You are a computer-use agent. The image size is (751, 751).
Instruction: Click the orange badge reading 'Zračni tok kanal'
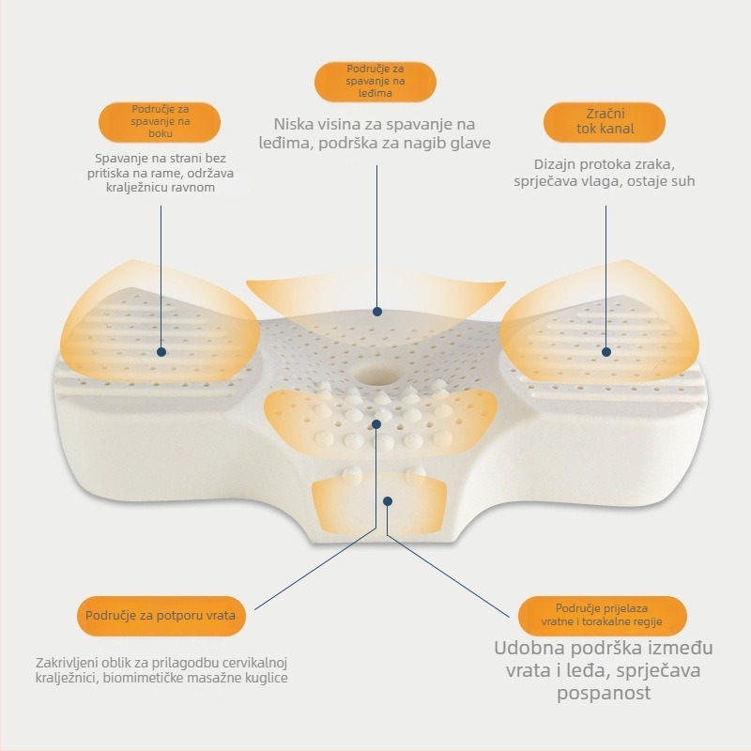604,122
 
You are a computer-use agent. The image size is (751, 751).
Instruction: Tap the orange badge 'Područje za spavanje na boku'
160,122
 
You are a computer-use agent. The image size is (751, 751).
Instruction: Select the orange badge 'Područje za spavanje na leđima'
375,82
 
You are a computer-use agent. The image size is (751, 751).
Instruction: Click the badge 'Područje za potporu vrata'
161,616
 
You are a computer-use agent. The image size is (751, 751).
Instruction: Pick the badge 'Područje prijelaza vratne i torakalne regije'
602,616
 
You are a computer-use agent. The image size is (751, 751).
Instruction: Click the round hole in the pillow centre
375,374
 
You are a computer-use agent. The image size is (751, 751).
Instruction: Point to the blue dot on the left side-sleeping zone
161,352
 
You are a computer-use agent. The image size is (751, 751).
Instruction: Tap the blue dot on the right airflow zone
606,352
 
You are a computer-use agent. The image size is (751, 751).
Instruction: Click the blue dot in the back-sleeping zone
377,312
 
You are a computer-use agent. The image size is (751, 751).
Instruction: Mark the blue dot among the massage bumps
376,424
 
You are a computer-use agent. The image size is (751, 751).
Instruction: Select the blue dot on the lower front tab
388,501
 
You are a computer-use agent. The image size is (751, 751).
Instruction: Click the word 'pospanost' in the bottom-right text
604,694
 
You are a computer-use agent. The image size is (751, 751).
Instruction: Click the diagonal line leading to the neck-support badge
315,569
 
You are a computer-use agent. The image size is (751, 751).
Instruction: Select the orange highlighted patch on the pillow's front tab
379,507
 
